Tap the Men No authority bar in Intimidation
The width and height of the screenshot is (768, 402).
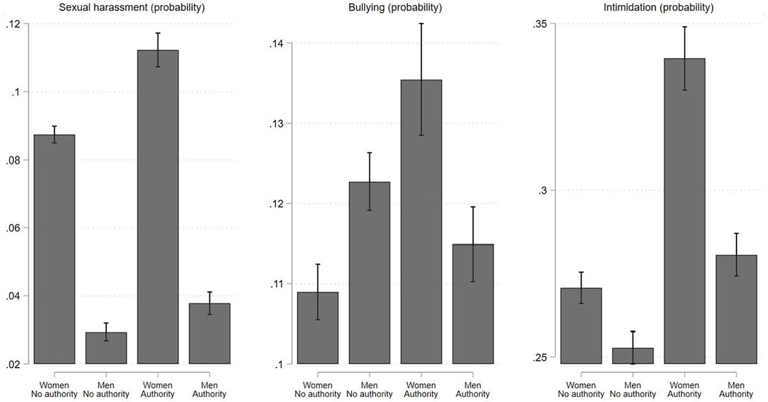[632, 356]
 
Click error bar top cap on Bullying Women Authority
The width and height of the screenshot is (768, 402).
[420, 23]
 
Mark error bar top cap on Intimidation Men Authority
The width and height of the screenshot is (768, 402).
[736, 233]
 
